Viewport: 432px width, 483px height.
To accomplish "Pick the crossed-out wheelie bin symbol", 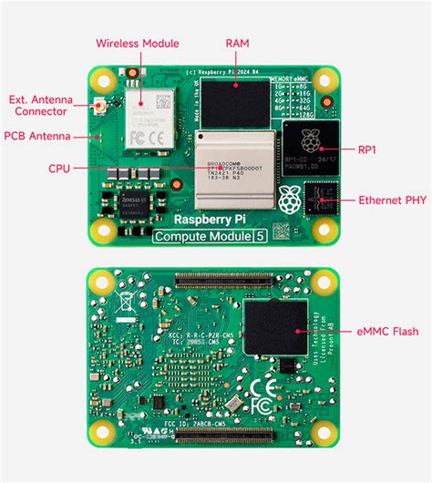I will (x=120, y=296).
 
